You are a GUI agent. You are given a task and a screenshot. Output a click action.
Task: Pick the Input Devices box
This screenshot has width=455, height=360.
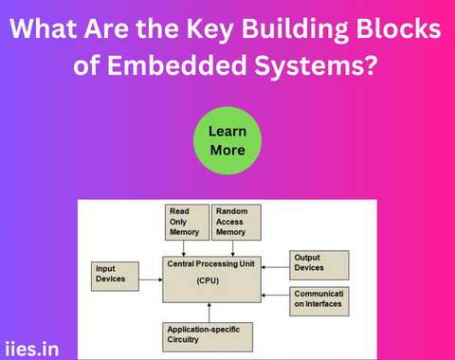coord(115,275)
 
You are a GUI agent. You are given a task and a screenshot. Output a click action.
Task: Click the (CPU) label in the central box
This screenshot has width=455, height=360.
coord(209,280)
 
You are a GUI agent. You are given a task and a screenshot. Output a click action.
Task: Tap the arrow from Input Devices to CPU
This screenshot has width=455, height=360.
coord(150,279)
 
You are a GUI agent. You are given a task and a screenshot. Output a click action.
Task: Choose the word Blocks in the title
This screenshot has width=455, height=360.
coord(399,29)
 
